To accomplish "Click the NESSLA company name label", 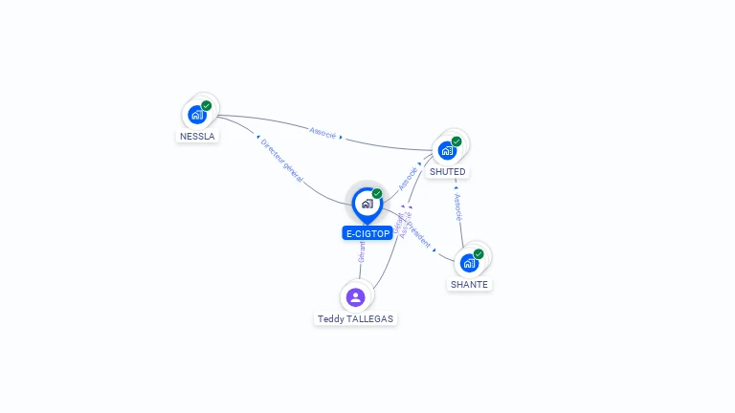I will [x=198, y=136].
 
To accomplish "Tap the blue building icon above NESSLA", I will [x=197, y=115].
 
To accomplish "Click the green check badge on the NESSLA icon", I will [x=207, y=105].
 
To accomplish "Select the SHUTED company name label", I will [x=447, y=172].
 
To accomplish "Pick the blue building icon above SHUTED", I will [x=446, y=151].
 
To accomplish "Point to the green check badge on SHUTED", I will [x=457, y=141].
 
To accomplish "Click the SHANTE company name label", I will [x=469, y=285].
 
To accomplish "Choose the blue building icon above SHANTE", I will [x=468, y=263].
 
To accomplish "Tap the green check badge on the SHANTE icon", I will [x=479, y=253].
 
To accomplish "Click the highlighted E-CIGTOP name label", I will [x=367, y=233].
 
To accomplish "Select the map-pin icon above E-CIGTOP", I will [x=367, y=204].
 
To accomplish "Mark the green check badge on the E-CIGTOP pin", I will [x=377, y=193].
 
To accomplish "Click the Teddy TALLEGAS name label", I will [x=355, y=319].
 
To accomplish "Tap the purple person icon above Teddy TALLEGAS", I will [x=356, y=296].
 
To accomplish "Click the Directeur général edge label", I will [x=281, y=160].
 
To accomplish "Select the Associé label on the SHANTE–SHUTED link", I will [x=458, y=207].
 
